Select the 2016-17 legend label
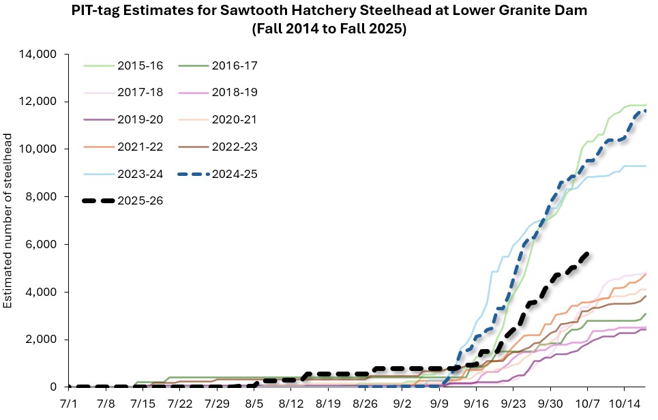tap(234, 65)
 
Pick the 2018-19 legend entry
tap(234, 92)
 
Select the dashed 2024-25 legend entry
tap(234, 173)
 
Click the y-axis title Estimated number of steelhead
tap(9, 220)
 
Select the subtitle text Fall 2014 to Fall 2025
tap(329, 31)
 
